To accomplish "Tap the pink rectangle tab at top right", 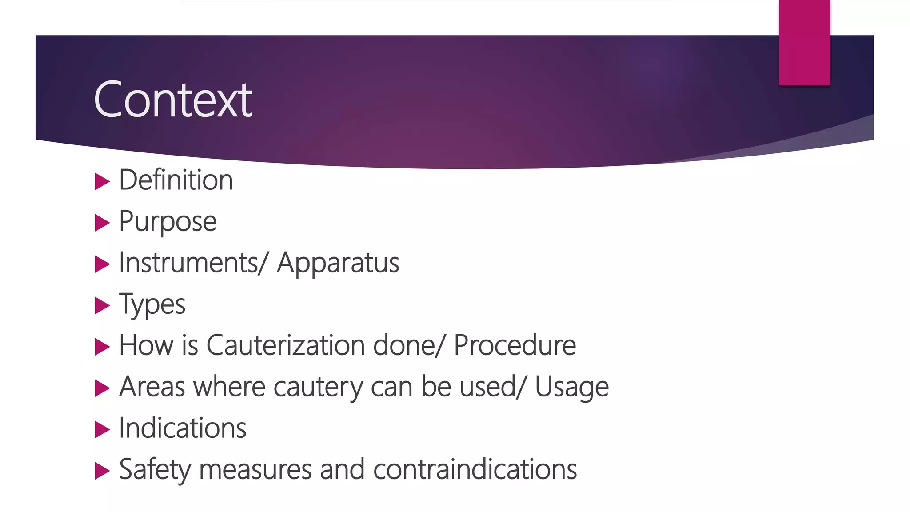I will (x=804, y=43).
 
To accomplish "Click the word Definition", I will (x=176, y=180).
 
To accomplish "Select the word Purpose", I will (x=168, y=221).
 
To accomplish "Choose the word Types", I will (x=152, y=305).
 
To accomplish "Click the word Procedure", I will (x=515, y=345).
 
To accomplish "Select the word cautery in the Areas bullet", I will (x=318, y=387).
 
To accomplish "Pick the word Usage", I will (x=571, y=387).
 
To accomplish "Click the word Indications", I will (x=183, y=428).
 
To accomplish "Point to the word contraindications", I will (x=475, y=469).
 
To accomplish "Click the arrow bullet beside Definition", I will (x=102, y=181).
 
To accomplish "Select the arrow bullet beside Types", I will (x=102, y=306).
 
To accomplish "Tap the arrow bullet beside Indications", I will (x=102, y=429).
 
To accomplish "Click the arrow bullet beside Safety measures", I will (x=102, y=471).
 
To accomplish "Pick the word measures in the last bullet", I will (x=255, y=470).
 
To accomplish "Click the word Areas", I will (x=152, y=387).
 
